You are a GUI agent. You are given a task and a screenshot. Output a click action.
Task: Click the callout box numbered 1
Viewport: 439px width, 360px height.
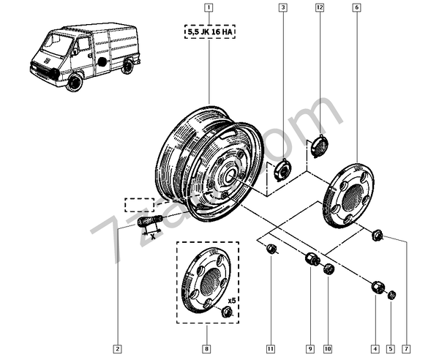point(209,9)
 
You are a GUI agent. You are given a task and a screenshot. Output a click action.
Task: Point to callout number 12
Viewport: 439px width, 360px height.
point(320,9)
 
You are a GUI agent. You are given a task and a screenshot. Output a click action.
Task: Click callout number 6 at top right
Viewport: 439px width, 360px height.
point(356,9)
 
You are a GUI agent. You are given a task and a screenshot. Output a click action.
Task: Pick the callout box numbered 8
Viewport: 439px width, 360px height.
point(207,348)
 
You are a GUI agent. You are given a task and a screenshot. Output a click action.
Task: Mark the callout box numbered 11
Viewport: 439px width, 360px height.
point(271,348)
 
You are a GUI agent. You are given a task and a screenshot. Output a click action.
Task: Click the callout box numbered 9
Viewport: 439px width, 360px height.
point(309,348)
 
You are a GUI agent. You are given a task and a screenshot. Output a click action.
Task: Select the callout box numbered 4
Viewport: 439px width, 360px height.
point(375,348)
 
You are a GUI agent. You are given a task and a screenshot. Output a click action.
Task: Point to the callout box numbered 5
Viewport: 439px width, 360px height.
point(391,348)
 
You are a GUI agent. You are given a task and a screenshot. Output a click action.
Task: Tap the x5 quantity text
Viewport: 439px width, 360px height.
point(231,301)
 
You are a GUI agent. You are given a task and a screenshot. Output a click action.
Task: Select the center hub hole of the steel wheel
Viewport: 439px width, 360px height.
point(228,176)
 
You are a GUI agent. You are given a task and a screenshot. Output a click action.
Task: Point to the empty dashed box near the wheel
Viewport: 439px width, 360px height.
point(138,203)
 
